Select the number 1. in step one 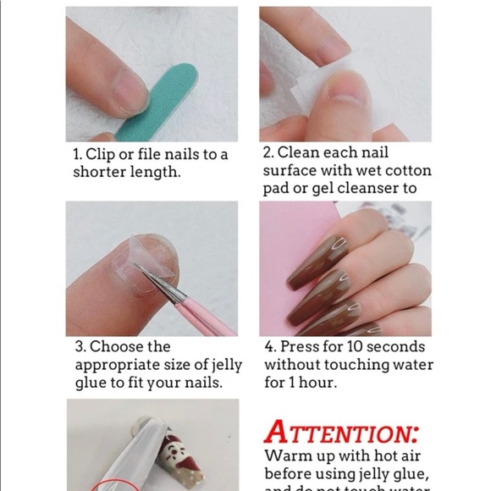pyautogui.click(x=79, y=155)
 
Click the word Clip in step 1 pyautogui.click(x=105, y=155)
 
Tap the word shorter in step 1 pyautogui.click(x=100, y=173)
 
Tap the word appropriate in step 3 pyautogui.click(x=116, y=365)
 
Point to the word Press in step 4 pyautogui.click(x=299, y=346)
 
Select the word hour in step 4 pyautogui.click(x=320, y=383)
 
